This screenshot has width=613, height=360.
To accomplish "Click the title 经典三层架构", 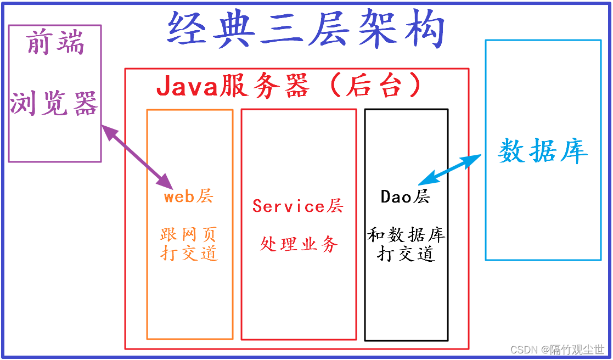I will click(x=306, y=31).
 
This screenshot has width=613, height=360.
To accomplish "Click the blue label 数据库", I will click(x=543, y=150).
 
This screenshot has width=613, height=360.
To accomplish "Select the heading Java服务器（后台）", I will click(x=289, y=86).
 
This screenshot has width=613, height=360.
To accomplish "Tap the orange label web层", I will click(x=189, y=196).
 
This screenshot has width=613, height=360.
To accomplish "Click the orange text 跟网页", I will click(x=189, y=235).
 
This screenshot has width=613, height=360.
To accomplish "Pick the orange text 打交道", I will click(x=189, y=253).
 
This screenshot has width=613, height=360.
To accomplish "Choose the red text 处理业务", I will click(x=299, y=244).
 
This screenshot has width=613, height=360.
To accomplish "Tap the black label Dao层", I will click(x=406, y=196).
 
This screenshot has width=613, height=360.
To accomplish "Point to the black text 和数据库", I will click(x=406, y=236).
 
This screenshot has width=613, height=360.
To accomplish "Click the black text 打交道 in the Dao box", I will click(x=406, y=254).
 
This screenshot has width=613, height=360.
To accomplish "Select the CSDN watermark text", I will click(x=557, y=350).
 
